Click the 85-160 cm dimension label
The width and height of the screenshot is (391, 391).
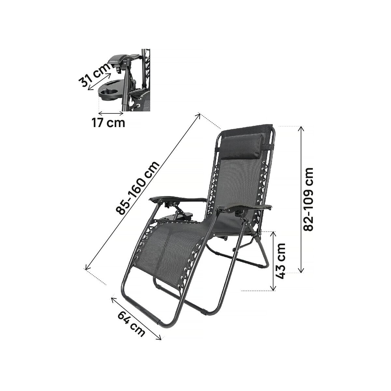coord(138,188)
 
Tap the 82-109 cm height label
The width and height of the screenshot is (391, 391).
coord(308,199)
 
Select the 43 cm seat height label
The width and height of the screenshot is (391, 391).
coord(280,261)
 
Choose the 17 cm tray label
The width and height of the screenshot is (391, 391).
coord(108,123)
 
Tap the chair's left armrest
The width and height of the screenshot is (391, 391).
coord(178,199)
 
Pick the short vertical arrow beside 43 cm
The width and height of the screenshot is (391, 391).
coord(273,261)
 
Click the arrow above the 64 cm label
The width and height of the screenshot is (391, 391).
coord(136,318)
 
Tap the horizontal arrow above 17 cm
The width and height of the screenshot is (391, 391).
coord(111,113)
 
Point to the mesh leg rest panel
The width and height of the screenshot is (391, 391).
coord(166,251)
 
